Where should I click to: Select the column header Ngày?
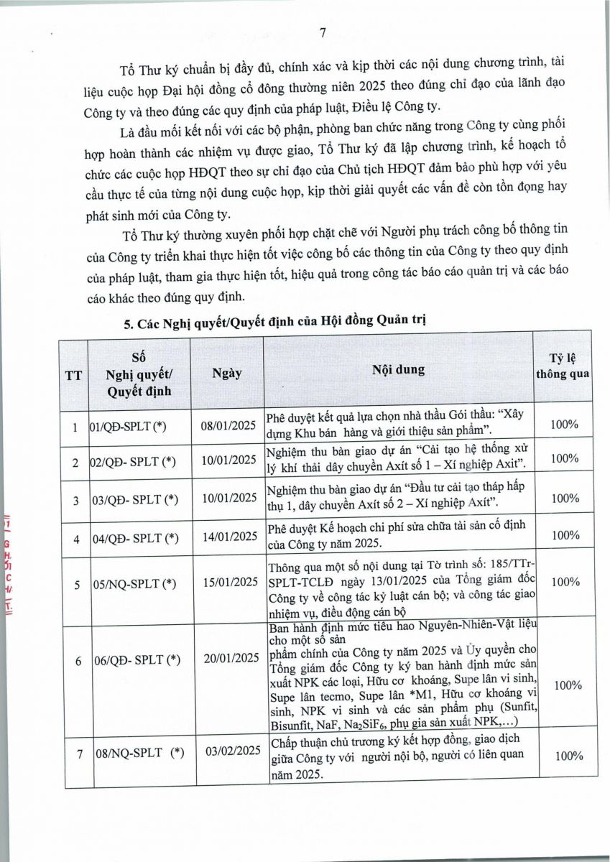tap(227, 373)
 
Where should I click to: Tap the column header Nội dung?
tap(398, 370)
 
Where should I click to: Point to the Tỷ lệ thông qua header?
tap(564, 366)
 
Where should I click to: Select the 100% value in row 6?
tap(565, 685)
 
